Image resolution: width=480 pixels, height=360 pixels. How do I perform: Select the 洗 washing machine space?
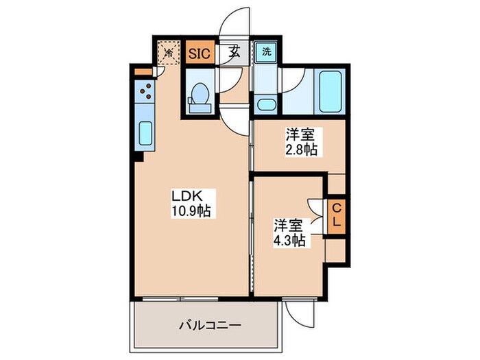pos(264,51)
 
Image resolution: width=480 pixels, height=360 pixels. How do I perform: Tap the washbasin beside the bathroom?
pos(265,106)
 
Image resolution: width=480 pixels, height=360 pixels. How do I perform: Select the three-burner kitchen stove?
pos(145,90)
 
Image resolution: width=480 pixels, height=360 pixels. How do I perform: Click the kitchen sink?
pos(145,132)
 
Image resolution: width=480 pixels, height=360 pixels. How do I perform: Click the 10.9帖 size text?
pos(190,211)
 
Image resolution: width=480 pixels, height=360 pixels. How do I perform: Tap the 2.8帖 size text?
pos(301,149)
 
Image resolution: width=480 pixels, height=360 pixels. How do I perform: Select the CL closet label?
pos(337,215)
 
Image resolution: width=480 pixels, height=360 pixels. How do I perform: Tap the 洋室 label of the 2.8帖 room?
pos(300,134)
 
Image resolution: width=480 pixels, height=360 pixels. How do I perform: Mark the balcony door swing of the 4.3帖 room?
pos(300,313)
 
